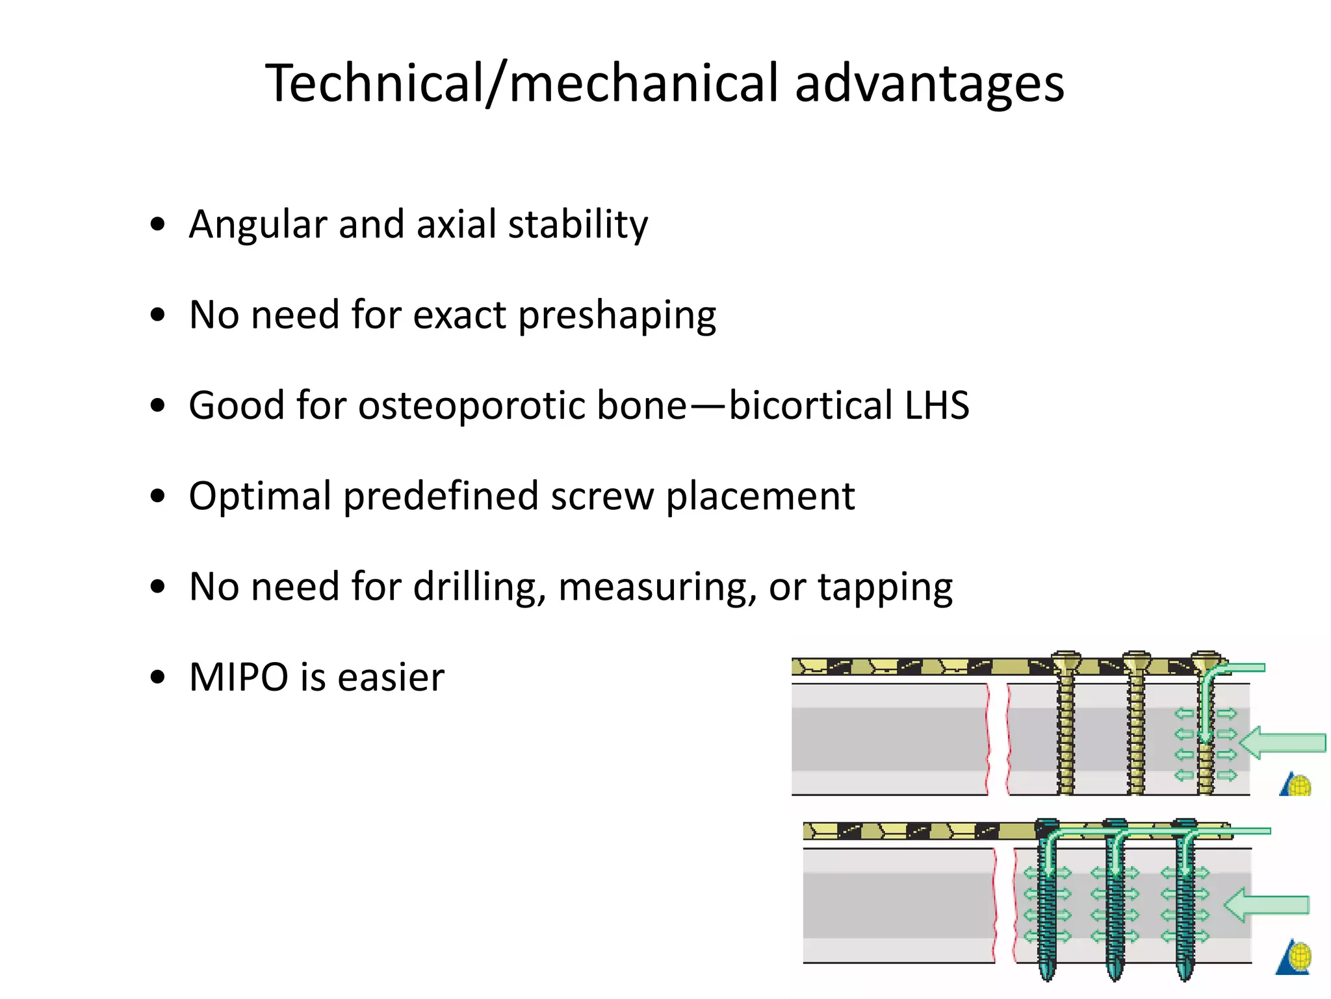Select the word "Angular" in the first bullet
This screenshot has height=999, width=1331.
[257, 224]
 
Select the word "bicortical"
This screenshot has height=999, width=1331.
[810, 406]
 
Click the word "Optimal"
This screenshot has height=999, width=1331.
[260, 498]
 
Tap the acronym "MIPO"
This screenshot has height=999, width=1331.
[239, 678]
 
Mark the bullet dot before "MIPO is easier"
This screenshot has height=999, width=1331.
[157, 678]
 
